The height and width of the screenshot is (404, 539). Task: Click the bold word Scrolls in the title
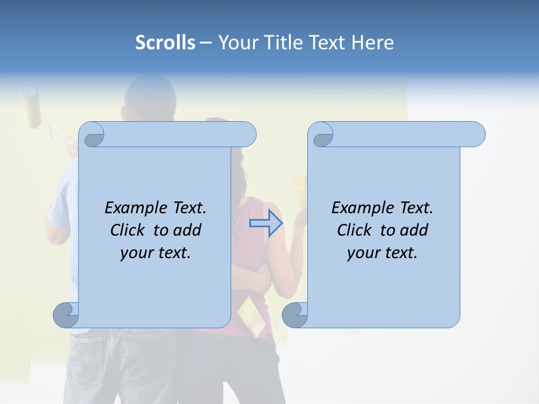point(165,43)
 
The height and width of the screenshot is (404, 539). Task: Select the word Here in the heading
point(372,43)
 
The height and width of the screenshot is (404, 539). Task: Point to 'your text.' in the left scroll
point(156,252)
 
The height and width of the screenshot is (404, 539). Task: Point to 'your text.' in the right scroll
point(382,252)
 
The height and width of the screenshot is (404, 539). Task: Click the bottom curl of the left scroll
point(66,315)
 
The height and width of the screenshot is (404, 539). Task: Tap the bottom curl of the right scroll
point(295,315)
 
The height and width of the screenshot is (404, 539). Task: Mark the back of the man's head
point(149,95)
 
